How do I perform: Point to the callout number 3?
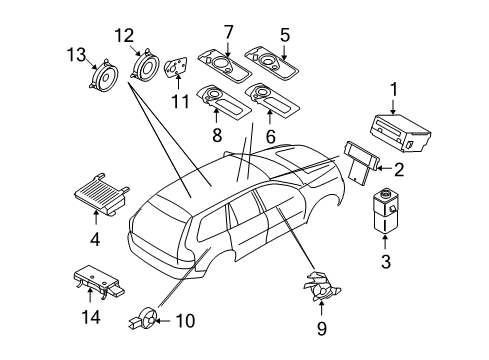tap(385, 262)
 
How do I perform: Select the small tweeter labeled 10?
tap(140, 321)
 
